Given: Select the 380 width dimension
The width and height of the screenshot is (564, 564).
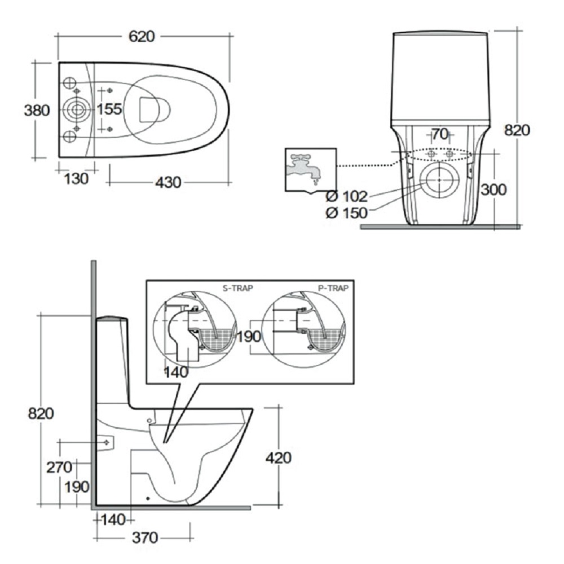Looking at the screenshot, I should point(37,110).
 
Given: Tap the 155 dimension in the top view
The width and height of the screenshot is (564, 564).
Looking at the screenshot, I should point(109,109).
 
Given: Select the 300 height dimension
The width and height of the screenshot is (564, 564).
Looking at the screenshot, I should point(493,190).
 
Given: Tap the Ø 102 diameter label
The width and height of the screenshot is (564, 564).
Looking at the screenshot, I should point(347,197).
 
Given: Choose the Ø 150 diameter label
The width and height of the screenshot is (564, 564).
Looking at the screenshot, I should point(347,213).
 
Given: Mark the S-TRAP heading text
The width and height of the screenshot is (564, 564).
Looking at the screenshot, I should point(238,287).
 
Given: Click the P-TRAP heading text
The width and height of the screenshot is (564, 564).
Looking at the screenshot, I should point(333,287).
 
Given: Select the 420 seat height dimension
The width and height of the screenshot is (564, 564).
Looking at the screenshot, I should point(278,457).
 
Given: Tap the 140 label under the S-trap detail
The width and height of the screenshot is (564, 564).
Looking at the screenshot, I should point(177,372).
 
